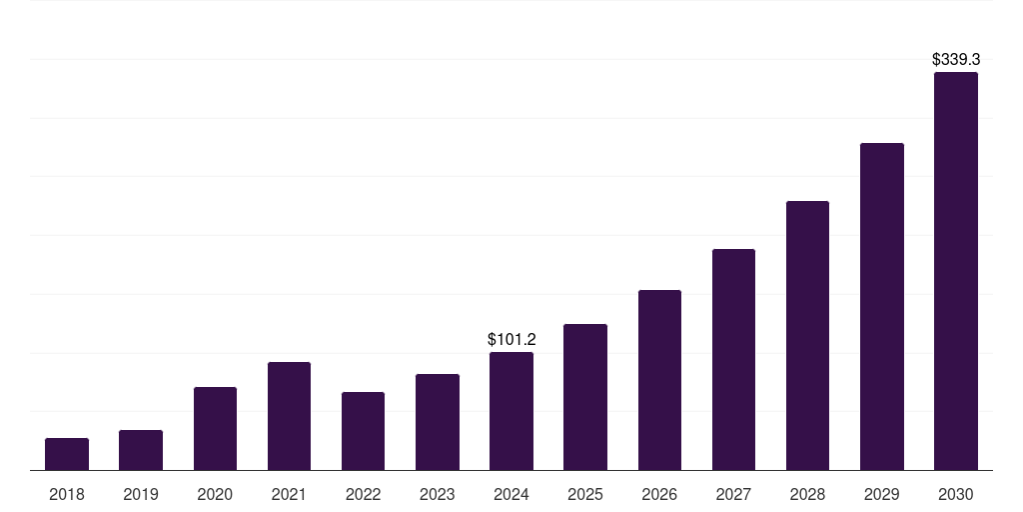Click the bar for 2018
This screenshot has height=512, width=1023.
click(67, 454)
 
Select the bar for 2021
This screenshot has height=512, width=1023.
click(289, 416)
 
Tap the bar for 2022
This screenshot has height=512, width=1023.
click(363, 431)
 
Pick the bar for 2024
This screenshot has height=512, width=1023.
click(511, 411)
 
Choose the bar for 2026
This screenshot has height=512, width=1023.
click(659, 380)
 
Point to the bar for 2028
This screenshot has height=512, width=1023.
click(807, 335)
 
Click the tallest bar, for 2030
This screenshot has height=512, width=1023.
click(955, 271)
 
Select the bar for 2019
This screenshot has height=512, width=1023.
click(141, 450)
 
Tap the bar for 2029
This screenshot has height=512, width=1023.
click(881, 306)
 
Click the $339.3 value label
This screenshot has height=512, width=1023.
click(955, 60)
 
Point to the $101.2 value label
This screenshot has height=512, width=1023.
click(511, 340)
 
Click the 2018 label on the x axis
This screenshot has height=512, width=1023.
click(67, 494)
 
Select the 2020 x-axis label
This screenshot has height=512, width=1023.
click(215, 494)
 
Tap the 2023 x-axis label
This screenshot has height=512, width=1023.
click(437, 494)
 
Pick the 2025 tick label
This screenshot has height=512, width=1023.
click(585, 494)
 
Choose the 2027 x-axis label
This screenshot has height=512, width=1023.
click(733, 494)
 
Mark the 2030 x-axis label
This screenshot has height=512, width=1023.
click(955, 494)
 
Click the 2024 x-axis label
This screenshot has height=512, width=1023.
click(511, 494)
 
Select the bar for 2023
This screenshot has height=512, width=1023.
click(437, 422)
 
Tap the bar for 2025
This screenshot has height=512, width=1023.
click(585, 397)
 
